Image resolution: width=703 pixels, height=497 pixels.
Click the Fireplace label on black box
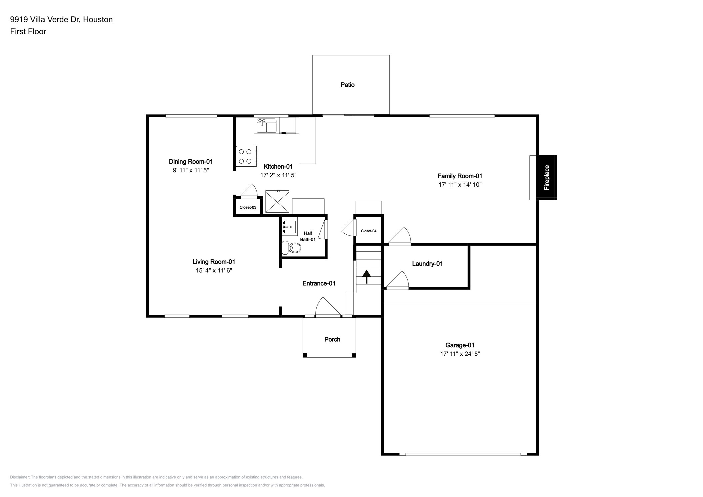point(547,177)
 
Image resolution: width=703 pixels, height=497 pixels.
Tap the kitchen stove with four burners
point(246,156)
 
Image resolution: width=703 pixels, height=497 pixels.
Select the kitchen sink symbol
point(266,125)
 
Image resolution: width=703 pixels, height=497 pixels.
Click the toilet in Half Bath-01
point(292,248)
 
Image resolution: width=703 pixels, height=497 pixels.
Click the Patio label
point(347,85)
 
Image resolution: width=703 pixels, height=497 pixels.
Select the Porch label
point(332,339)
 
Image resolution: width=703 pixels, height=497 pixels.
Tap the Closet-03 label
point(248,207)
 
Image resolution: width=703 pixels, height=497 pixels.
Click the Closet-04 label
point(368,231)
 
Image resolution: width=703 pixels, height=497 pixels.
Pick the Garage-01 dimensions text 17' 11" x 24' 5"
point(460,354)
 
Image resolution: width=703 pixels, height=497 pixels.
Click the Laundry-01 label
point(427,264)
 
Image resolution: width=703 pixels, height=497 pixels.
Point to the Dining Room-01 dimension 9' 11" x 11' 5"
point(191,170)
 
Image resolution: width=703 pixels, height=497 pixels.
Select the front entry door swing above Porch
point(327,307)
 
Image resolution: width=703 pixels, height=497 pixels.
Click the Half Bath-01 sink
point(289,227)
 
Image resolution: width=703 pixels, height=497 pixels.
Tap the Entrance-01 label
point(319,283)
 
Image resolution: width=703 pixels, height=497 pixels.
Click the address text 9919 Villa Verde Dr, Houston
point(61,20)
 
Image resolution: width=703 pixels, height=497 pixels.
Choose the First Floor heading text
point(28,32)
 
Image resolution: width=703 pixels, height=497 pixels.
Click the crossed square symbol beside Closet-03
point(277,201)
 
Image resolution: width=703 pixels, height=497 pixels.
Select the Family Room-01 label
point(460,176)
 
